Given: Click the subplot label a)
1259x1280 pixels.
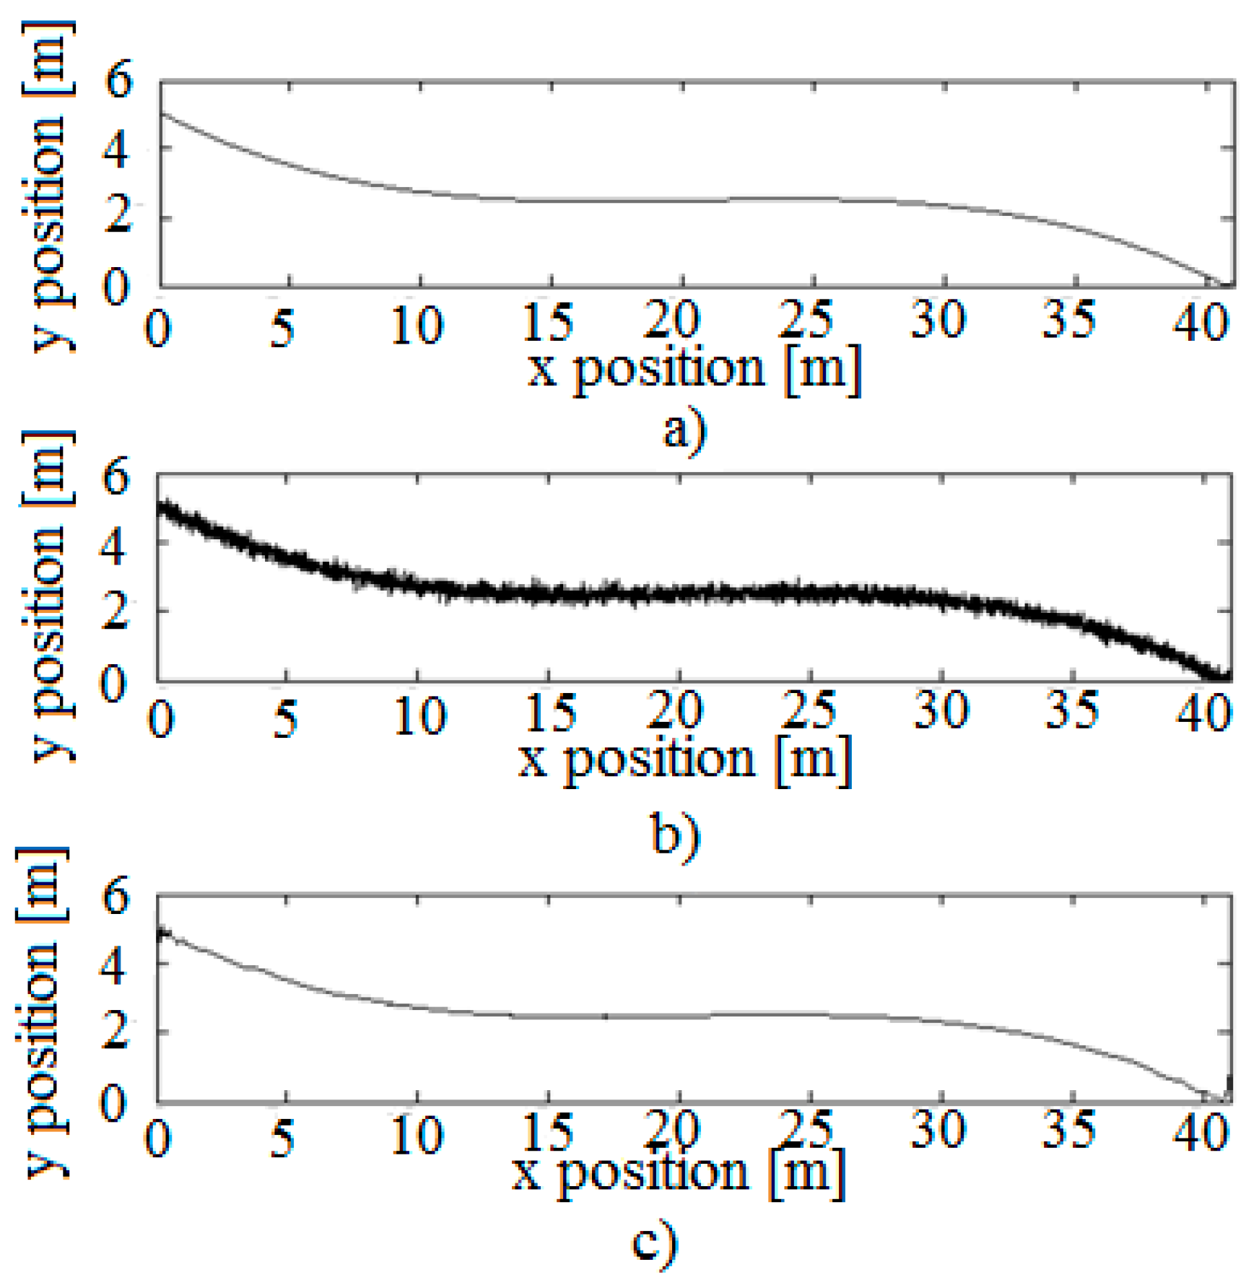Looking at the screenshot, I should tap(684, 431).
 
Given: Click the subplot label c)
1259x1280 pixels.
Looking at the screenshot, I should tap(655, 1241).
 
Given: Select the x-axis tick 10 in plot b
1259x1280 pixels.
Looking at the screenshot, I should tap(420, 716).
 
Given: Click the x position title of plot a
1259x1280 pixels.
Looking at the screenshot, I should tap(694, 369).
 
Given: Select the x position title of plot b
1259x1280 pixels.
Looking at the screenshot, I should tap(684, 760).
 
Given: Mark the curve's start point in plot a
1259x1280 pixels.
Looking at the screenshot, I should tap(160, 113).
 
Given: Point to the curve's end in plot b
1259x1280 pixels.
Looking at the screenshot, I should tap(1227, 676).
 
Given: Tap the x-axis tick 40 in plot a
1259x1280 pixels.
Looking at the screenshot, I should tap(1200, 321).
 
